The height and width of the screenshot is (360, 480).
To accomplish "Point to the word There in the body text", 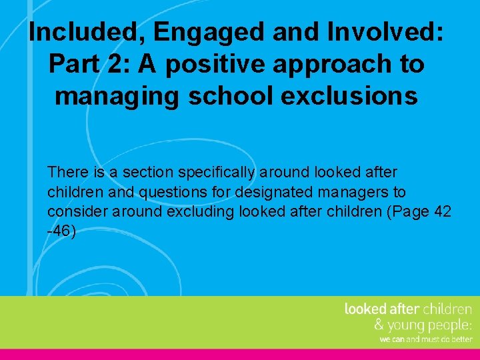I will tap(67, 173).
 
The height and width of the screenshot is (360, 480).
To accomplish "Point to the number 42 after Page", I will tap(439, 212).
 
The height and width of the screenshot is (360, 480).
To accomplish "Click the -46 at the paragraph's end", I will tap(61, 232).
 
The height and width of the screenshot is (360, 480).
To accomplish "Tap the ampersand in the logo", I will tap(379, 325).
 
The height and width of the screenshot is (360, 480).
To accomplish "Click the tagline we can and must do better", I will tap(425, 339).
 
